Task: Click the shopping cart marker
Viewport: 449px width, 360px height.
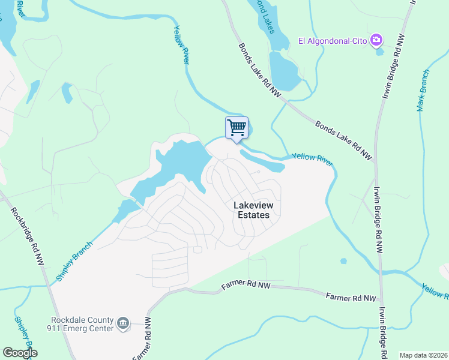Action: (x=237, y=127)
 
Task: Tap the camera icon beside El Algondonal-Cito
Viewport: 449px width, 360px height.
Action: (x=376, y=40)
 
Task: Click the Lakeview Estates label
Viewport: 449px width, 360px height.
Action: (x=251, y=210)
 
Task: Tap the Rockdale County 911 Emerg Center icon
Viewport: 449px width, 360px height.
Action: (x=123, y=323)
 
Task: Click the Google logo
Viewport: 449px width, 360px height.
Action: (x=20, y=353)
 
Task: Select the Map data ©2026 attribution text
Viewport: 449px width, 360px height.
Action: (x=423, y=355)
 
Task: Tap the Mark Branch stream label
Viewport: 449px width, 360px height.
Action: (x=424, y=91)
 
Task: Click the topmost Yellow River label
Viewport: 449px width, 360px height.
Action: (x=181, y=44)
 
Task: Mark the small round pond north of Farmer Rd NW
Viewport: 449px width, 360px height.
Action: (x=343, y=261)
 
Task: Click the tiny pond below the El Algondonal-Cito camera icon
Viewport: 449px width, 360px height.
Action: (x=379, y=52)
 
